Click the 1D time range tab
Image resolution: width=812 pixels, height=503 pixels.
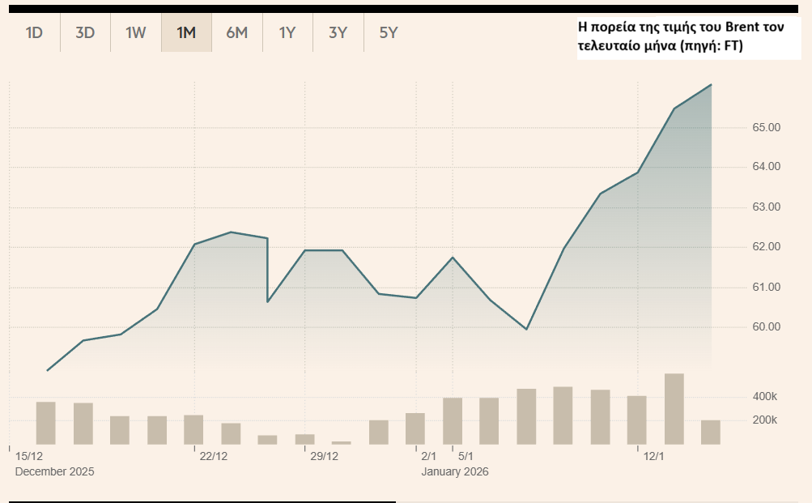pyautogui.click(x=34, y=33)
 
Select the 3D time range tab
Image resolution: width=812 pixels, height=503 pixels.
pyautogui.click(x=85, y=33)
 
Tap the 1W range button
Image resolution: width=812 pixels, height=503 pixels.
pyautogui.click(x=135, y=33)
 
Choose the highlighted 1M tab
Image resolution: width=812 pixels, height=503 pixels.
pyautogui.click(x=186, y=33)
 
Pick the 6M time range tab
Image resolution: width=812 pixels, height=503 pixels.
pyautogui.click(x=236, y=33)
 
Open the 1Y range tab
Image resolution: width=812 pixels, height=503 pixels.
pyautogui.click(x=287, y=33)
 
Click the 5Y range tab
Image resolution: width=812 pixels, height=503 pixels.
pyautogui.click(x=389, y=33)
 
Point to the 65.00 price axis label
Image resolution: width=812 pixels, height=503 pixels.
pyautogui.click(x=765, y=128)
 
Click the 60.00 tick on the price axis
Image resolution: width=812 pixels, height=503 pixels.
pyautogui.click(x=765, y=327)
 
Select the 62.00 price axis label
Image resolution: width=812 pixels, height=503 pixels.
pyautogui.click(x=765, y=247)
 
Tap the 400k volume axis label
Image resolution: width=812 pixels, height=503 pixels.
pyautogui.click(x=764, y=397)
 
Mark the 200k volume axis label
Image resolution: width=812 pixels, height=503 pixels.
pyautogui.click(x=764, y=420)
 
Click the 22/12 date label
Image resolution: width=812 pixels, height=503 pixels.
pyautogui.click(x=214, y=457)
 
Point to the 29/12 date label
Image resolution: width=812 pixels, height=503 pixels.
pyautogui.click(x=325, y=457)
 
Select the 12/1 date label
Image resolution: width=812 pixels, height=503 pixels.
pyautogui.click(x=653, y=457)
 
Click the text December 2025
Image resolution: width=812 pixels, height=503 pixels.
pyautogui.click(x=54, y=471)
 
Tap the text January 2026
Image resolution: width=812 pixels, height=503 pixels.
pyautogui.click(x=455, y=471)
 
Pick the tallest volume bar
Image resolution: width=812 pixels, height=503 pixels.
pyautogui.click(x=674, y=409)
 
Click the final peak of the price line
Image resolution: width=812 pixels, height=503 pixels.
pyautogui.click(x=711, y=84)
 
